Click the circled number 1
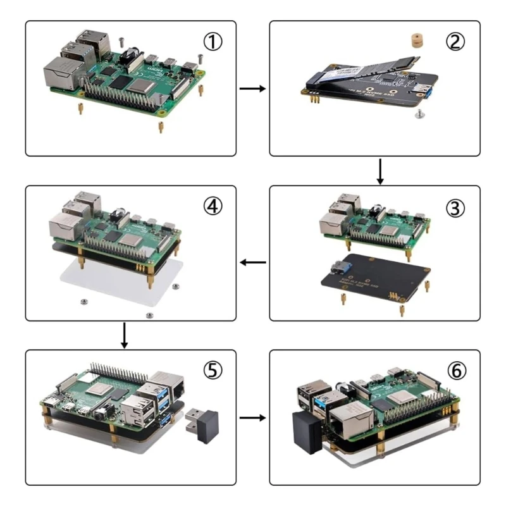pyautogui.click(x=213, y=42)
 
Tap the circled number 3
pyautogui.click(x=455, y=207)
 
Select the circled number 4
pyautogui.click(x=213, y=206)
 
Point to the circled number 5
pyautogui.click(x=213, y=371)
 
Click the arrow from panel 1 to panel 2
pyautogui.click(x=252, y=89)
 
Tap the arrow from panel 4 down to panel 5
pyautogui.click(x=125, y=335)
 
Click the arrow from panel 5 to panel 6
pyautogui.click(x=252, y=417)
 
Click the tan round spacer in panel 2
pyautogui.click(x=416, y=40)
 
